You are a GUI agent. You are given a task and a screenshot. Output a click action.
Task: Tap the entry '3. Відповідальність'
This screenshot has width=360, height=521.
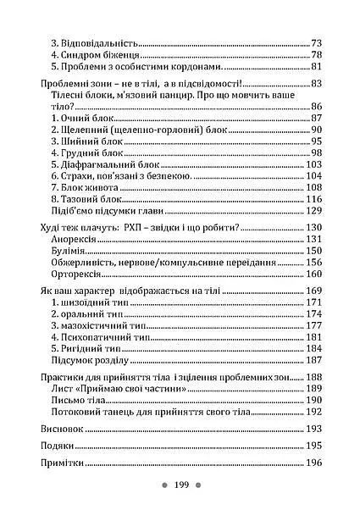click(x=94, y=42)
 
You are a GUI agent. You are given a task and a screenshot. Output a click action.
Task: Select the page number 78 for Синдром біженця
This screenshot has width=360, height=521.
click(x=317, y=54)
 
